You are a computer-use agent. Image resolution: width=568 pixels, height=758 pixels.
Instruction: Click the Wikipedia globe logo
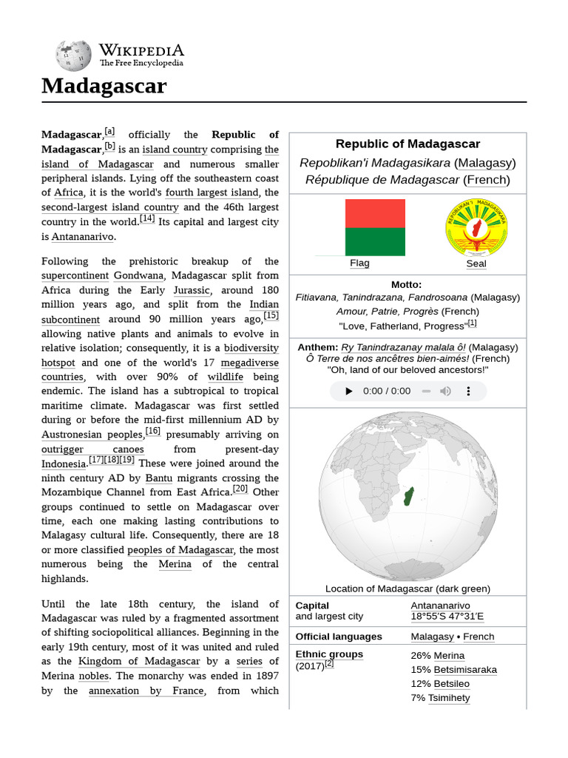coord(73,56)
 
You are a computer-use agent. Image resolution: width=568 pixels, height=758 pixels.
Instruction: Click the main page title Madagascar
coord(104,86)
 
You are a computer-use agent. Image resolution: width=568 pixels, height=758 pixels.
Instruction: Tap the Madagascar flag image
coord(375,227)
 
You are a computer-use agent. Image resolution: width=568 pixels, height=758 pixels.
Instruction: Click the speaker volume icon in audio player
coord(445,391)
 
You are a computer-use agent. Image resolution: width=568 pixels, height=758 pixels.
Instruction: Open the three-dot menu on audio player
coord(469,391)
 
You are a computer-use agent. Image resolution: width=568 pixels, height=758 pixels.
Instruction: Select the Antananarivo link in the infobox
coord(440,606)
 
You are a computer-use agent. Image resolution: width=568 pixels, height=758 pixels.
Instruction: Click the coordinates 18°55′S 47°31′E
coord(447,616)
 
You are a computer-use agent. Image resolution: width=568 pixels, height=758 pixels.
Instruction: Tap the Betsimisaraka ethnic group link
coord(464,669)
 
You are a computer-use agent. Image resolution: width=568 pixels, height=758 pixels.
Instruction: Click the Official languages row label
coord(339,637)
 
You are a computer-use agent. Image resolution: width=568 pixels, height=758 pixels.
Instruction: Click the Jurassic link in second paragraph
coord(192,290)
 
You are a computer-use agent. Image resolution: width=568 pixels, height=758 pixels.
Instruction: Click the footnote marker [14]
coord(147,219)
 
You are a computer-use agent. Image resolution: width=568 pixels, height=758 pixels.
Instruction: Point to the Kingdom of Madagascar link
coord(139,661)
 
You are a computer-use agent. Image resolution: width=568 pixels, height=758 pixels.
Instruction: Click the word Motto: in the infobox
coord(407,284)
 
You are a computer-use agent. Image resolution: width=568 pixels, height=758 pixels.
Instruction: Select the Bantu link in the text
coord(159,478)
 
